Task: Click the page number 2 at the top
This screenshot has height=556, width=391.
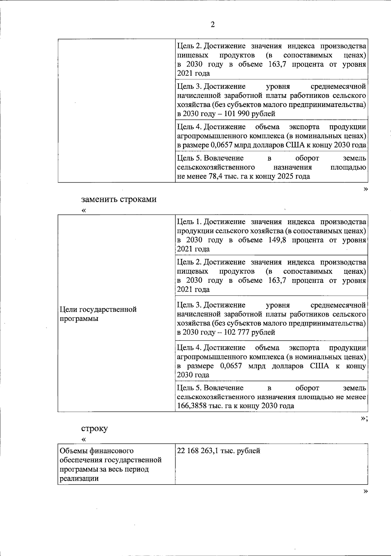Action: [x=213, y=25]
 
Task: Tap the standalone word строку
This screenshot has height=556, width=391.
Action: [x=94, y=428]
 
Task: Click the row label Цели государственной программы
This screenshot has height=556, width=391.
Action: [x=98, y=314]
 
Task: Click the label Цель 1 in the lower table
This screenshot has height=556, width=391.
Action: [x=188, y=222]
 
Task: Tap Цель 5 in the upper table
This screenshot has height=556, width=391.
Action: [x=188, y=158]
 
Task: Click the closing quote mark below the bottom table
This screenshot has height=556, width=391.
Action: [x=365, y=491]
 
